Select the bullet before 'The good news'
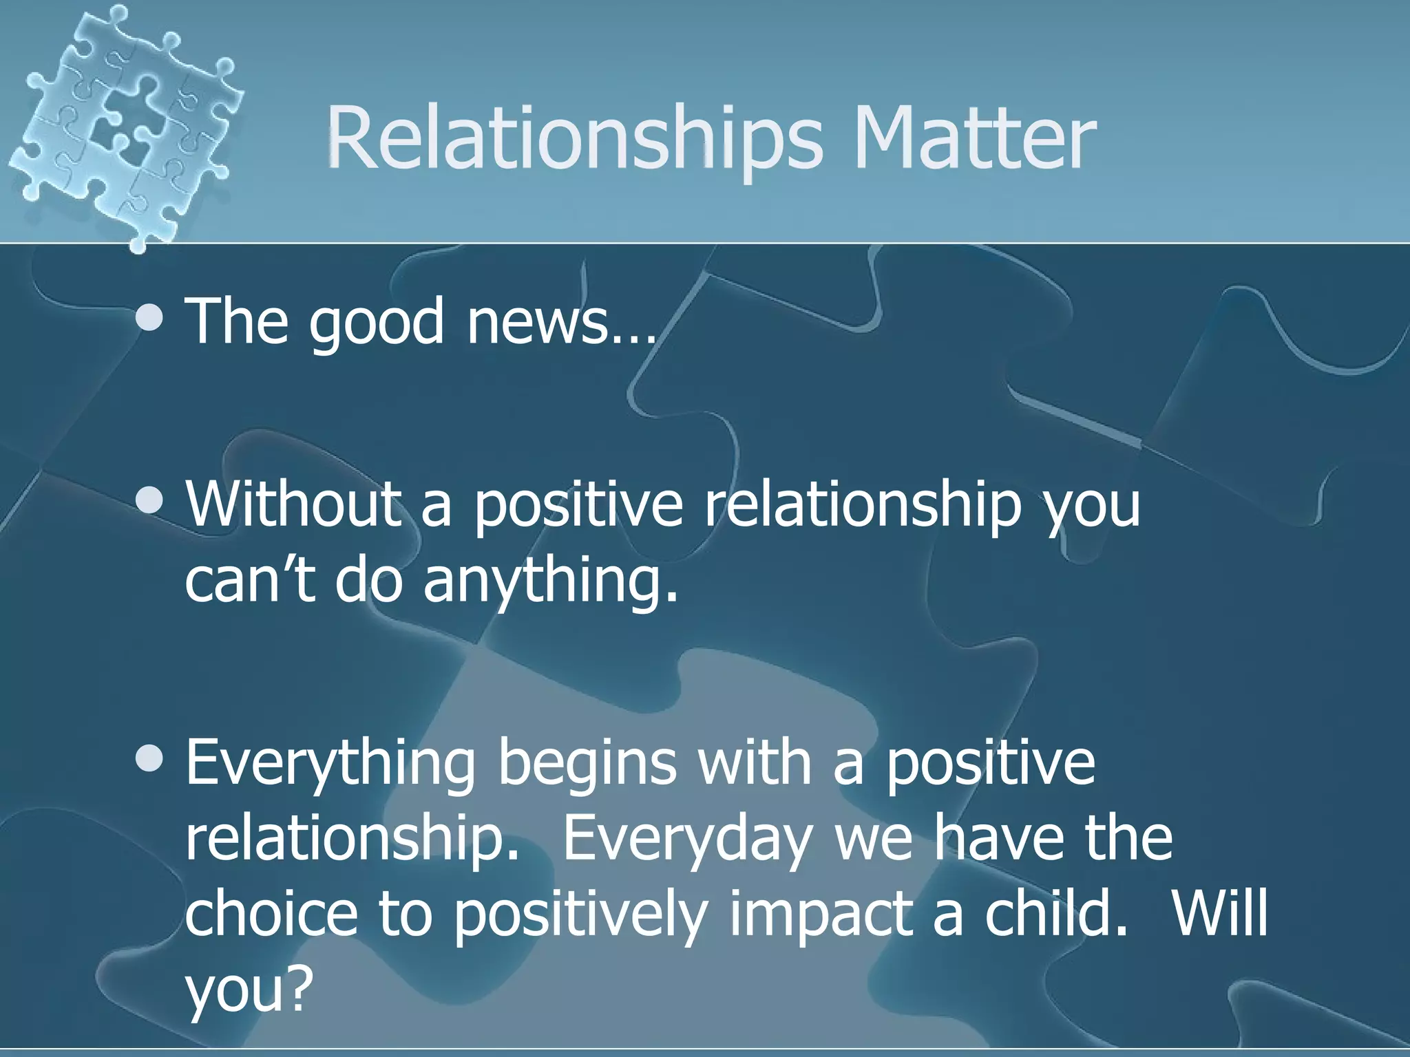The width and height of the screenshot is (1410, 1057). (149, 318)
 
